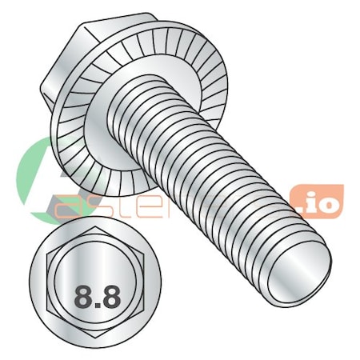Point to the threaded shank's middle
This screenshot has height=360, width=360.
point(216,172)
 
